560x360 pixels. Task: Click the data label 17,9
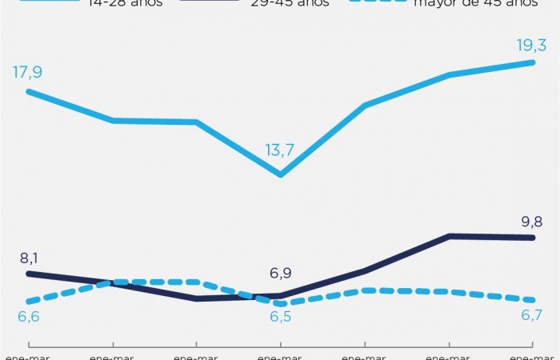tap(27, 73)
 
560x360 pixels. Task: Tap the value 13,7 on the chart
tap(280, 150)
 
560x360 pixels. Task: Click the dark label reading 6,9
tap(280, 274)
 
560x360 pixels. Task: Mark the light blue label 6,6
tap(27, 318)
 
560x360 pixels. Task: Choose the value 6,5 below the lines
tap(281, 318)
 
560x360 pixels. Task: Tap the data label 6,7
tap(532, 316)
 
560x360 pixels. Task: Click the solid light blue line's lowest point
tap(280, 174)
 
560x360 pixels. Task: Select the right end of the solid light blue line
tap(533, 62)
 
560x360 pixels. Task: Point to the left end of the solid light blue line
tap(28, 91)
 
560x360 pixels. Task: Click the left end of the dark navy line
tap(28, 274)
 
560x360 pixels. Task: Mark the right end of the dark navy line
tap(533, 237)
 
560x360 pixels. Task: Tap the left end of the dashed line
tap(28, 302)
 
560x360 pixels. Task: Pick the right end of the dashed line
tap(533, 300)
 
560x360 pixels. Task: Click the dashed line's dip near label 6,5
tap(280, 304)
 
